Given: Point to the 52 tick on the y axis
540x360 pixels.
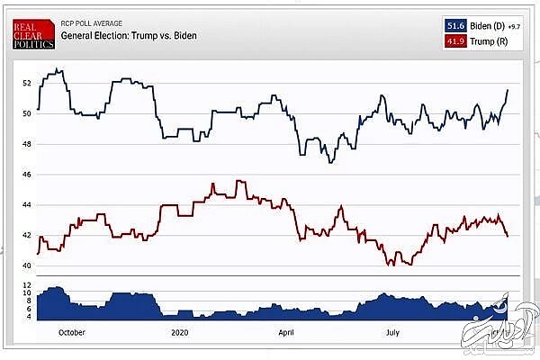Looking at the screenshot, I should [27, 84].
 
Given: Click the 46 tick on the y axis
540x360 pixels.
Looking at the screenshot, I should [27, 175].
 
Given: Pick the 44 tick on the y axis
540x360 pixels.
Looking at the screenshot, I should [27, 205].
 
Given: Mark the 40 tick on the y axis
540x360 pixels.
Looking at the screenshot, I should [27, 265].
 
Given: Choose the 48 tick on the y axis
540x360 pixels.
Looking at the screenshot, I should [27, 144].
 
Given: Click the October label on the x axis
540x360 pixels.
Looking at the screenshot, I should [70, 332].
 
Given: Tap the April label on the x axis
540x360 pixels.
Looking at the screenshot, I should [286, 332].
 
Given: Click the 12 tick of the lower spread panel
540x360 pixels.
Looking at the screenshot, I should [27, 284].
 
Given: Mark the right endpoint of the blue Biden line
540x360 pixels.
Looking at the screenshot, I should [508, 89].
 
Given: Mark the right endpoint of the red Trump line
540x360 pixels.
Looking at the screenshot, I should [508, 236].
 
